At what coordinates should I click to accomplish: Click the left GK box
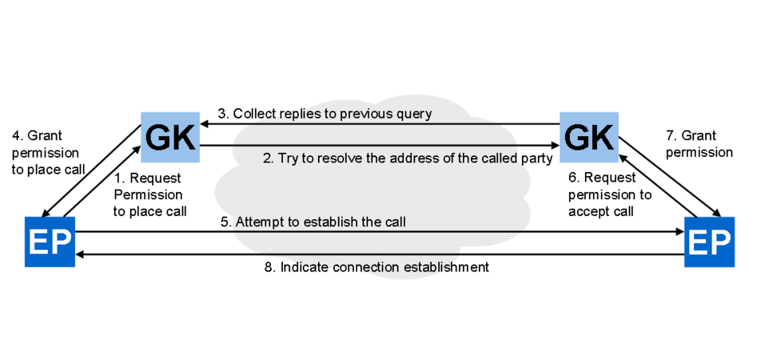pyautogui.click(x=171, y=137)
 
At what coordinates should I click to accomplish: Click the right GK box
pyautogui.click(x=589, y=137)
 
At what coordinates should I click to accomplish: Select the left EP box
pyautogui.click(x=49, y=242)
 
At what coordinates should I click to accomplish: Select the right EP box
pyautogui.click(x=709, y=242)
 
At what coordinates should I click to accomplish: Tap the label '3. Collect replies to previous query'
pyautogui.click(x=324, y=114)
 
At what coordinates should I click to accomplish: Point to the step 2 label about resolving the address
pyautogui.click(x=407, y=158)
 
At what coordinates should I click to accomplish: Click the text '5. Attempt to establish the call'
pyautogui.click(x=313, y=222)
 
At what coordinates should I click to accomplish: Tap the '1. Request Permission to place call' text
pyautogui.click(x=150, y=194)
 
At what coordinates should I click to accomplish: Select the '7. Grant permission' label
pyautogui.click(x=699, y=143)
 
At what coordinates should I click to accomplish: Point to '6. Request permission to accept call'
pyautogui.click(x=610, y=194)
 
